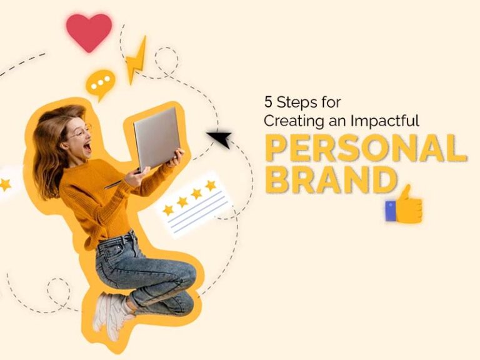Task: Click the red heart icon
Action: coord(89,31)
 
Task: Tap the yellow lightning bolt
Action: coord(136,60)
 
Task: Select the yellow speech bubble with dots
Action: coord(101,82)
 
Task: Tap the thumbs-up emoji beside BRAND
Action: coord(404,204)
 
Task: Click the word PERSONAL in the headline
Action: coord(366,148)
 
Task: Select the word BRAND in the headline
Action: coord(331,180)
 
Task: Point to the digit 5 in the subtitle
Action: coord(267,101)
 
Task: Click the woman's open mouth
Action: coord(87,147)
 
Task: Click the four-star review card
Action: coord(194,203)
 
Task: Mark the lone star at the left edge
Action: coord(6,184)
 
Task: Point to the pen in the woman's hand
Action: coord(114,184)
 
